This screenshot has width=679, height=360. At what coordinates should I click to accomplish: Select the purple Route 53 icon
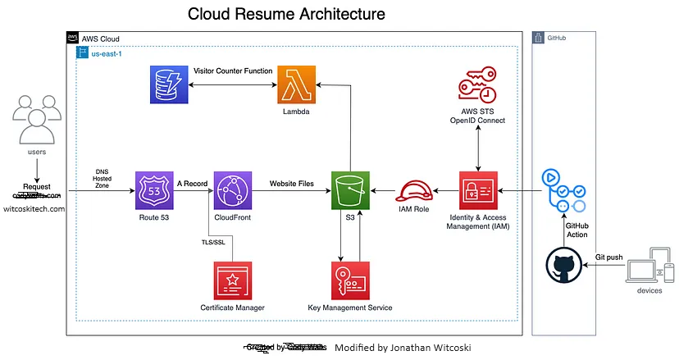tap(155, 191)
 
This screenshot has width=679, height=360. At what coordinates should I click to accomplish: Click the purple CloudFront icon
tap(233, 191)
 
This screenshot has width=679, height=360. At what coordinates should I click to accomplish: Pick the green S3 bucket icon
tap(351, 191)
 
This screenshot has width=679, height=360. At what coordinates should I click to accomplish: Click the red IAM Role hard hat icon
tap(414, 192)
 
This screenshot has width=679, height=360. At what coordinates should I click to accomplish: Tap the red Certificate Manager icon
tap(233, 281)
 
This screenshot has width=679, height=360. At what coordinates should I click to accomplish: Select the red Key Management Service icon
tap(351, 281)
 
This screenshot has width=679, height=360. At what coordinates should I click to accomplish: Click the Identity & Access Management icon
tap(480, 191)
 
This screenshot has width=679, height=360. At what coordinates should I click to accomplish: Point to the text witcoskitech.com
tap(34, 209)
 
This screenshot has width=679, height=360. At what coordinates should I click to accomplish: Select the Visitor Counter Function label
tap(232, 71)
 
